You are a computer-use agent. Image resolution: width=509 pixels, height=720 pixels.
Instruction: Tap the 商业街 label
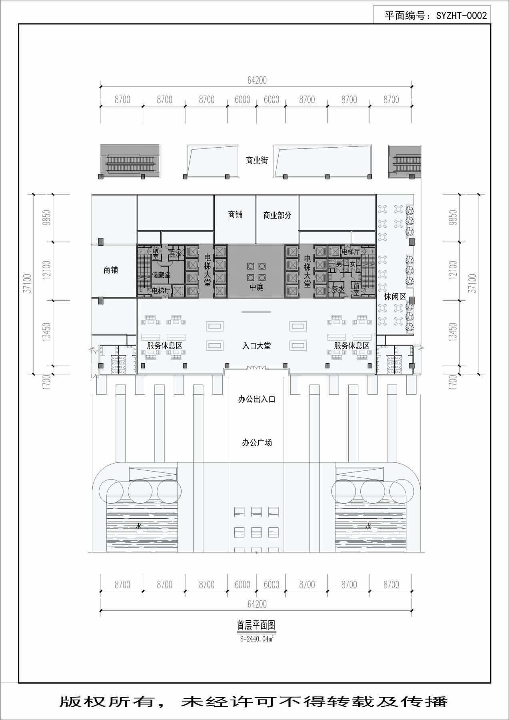[x=257, y=160]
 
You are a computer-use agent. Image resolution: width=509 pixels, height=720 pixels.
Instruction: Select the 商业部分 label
[x=277, y=215]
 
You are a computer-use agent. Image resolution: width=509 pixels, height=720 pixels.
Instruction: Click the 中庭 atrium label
[x=256, y=287]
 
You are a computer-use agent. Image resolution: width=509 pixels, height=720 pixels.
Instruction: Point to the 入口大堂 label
[x=256, y=346]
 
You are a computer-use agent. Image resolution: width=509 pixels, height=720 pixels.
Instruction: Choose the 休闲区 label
[x=395, y=296]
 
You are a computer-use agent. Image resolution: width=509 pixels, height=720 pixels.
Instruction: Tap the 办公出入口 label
[x=256, y=399]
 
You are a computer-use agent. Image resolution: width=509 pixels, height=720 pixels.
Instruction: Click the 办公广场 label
[x=257, y=442]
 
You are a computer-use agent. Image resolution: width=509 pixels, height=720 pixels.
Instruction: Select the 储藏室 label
[x=161, y=275]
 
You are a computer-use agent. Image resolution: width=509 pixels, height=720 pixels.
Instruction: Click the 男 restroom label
[x=339, y=264]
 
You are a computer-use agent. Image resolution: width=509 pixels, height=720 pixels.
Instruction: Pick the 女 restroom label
[x=353, y=264]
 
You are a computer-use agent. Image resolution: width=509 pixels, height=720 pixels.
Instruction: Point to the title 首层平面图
[x=256, y=625]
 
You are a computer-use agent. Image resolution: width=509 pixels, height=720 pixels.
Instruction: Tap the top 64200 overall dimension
[x=257, y=80]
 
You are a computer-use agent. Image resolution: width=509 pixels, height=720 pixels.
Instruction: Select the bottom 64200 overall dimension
[x=257, y=604]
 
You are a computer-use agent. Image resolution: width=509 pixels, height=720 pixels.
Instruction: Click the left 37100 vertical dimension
[x=28, y=284]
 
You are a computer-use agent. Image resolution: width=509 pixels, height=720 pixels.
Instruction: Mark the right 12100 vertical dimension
[x=453, y=270]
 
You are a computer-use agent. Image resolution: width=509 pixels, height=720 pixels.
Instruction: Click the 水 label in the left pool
[x=138, y=526]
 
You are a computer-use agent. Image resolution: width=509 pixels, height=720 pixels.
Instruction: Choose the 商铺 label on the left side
[x=111, y=270]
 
